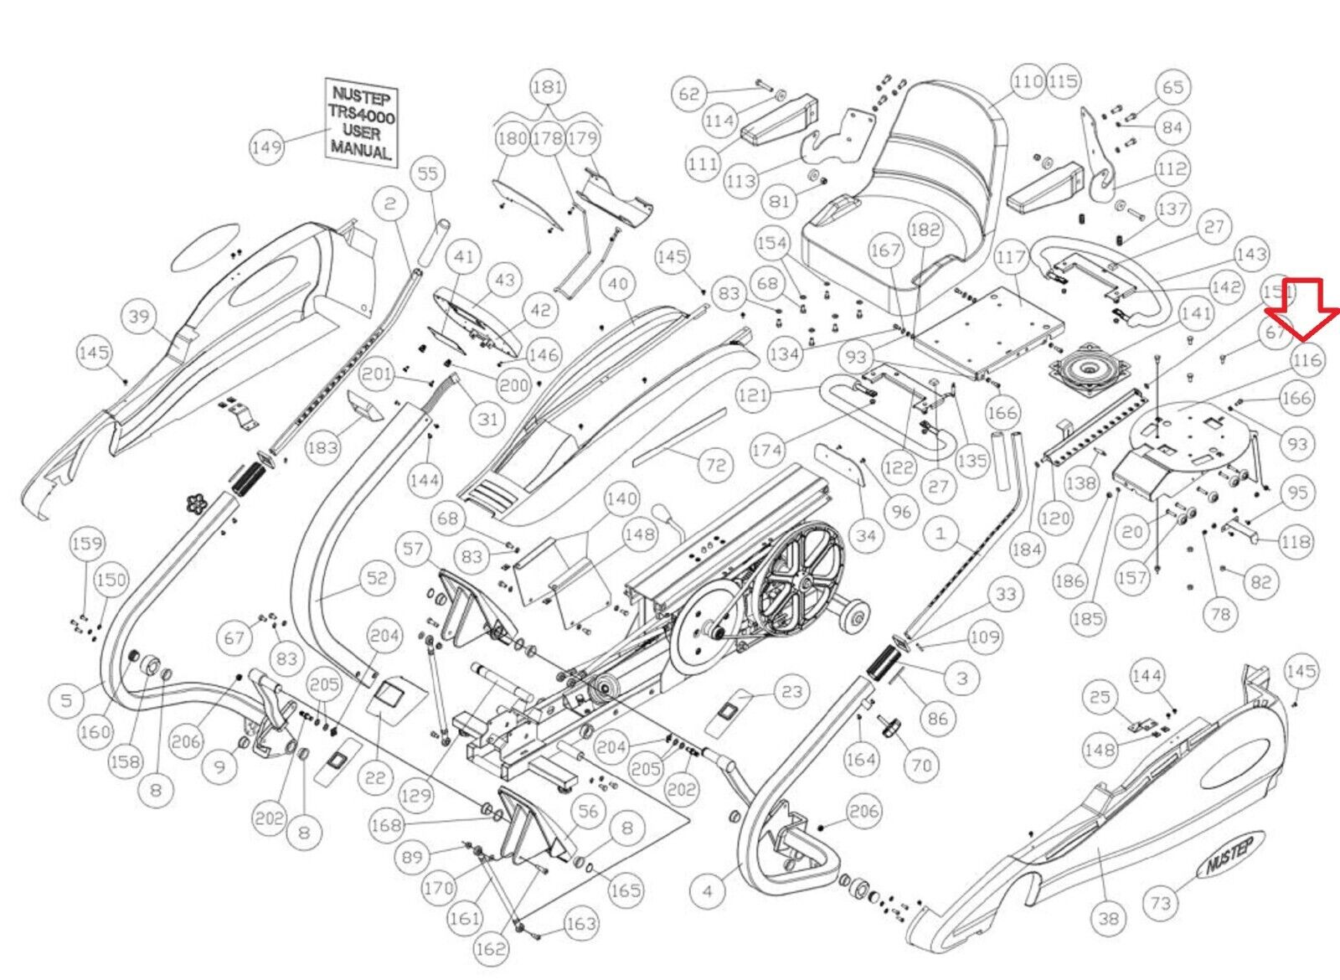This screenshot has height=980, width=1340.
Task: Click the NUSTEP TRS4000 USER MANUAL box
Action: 361,122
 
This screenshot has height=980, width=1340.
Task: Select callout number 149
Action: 266,148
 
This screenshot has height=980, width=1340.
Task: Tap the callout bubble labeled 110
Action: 1027,81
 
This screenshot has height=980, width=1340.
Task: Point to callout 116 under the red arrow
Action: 1307,361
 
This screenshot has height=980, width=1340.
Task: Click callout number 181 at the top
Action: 548,87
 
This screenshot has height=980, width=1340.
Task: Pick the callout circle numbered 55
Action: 428,173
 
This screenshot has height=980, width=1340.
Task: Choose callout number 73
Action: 1160,902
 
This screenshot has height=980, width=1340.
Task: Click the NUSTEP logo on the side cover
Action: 1229,856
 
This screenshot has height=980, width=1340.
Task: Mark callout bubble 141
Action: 1195,313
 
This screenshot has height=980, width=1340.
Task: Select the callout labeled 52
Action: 377,577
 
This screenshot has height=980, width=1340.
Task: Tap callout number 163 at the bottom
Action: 580,924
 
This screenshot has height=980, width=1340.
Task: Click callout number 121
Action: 753,394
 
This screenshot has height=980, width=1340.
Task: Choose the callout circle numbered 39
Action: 139,317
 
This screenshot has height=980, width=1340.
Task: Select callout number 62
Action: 688,94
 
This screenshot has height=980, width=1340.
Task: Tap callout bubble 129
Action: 415,796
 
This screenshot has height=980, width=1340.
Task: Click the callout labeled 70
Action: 921,765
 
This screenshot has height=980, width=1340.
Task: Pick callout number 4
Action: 708,891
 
